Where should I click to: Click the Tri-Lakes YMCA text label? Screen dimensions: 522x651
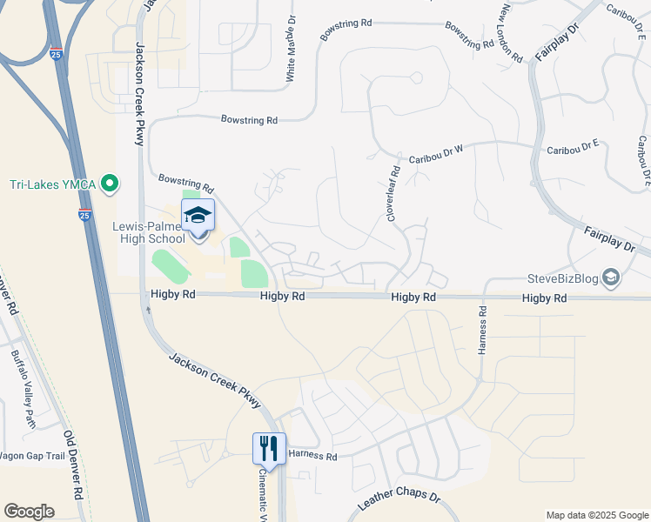click(53, 184)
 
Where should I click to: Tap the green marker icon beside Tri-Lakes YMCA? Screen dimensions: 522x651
click(110, 184)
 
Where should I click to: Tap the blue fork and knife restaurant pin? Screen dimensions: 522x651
click(269, 449)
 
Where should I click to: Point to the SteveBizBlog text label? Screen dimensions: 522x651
click(563, 279)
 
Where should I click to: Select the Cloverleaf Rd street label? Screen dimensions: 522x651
click(393, 192)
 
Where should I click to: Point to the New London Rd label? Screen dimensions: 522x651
click(511, 33)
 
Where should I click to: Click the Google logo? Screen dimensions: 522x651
click(29, 512)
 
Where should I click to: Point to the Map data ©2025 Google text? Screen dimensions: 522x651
click(596, 514)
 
